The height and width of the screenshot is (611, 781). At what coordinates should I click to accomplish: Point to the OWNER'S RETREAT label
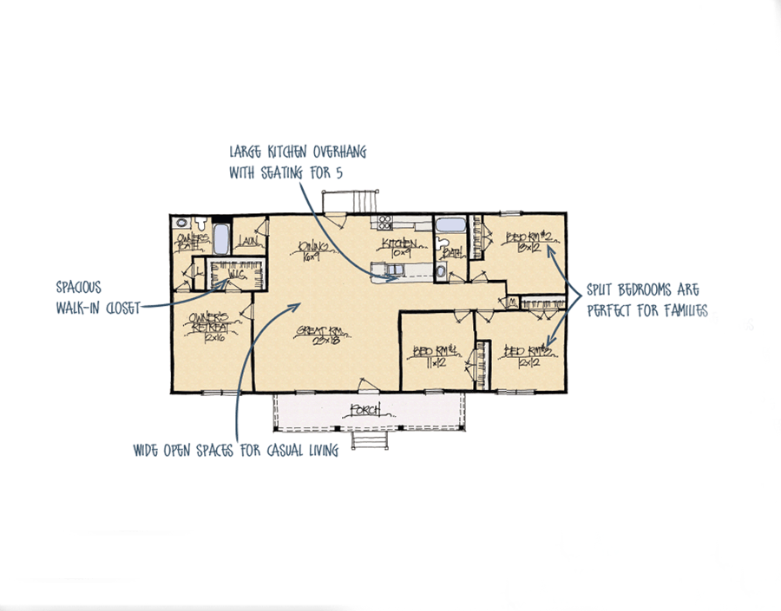click(x=208, y=324)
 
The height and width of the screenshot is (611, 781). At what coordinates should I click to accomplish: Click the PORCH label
click(x=366, y=410)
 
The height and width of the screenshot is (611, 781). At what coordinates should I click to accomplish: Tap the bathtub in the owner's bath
click(x=222, y=237)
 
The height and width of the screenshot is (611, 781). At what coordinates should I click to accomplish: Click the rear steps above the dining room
click(x=351, y=203)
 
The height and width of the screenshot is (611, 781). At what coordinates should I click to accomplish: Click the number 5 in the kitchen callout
click(x=339, y=173)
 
